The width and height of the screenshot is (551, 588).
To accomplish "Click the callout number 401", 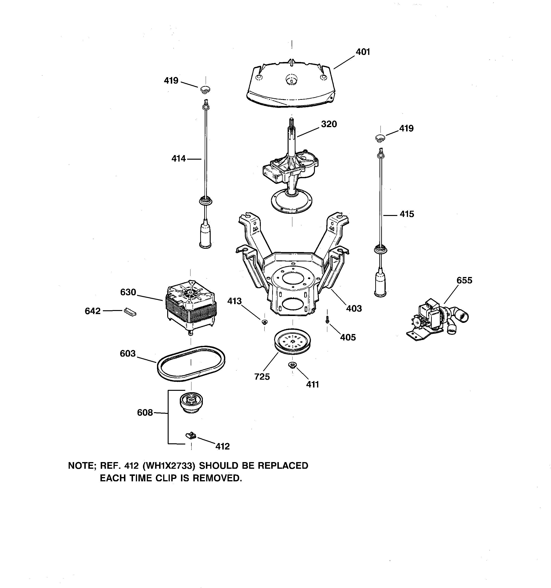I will pyautogui.click(x=363, y=52).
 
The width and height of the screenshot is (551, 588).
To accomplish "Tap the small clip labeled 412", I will pyautogui.click(x=191, y=435).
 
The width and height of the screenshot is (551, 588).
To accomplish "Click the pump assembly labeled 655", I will pyautogui.click(x=436, y=322).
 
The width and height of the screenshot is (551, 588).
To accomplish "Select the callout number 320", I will pyautogui.click(x=329, y=124).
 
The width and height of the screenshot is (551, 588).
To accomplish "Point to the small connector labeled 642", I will pyautogui.click(x=130, y=312).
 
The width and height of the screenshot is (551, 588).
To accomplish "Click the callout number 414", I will pyautogui.click(x=179, y=159).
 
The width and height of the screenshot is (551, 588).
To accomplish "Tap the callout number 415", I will pyautogui.click(x=407, y=214).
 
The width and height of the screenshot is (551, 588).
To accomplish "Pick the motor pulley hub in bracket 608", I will pyautogui.click(x=191, y=402).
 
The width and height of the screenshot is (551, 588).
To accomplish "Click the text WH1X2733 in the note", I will pyautogui.click(x=169, y=466).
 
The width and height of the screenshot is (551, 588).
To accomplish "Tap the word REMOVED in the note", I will pyautogui.click(x=217, y=478).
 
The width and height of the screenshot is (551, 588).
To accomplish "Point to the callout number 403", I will pyautogui.click(x=354, y=309).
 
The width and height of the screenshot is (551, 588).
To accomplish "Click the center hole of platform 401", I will pyautogui.click(x=292, y=80).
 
